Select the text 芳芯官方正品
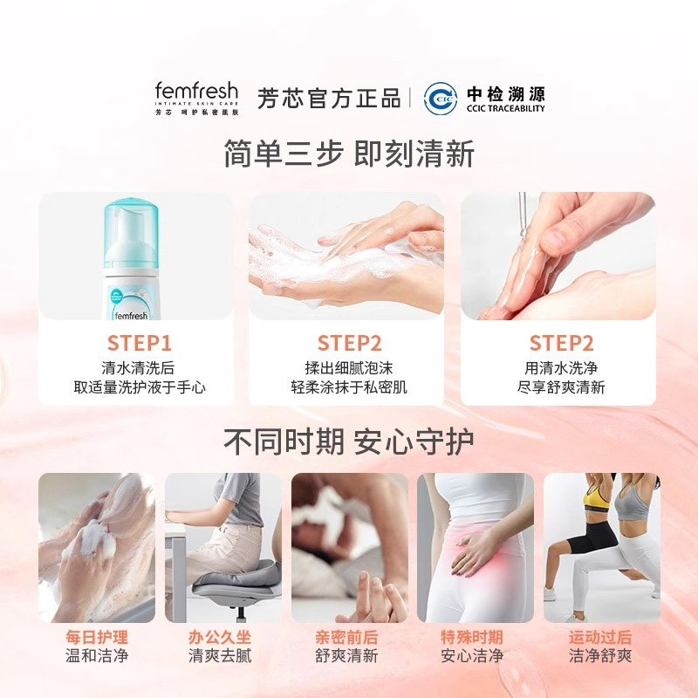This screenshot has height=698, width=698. pyautogui.click(x=329, y=98)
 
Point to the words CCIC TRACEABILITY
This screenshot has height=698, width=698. pyautogui.click(x=505, y=108)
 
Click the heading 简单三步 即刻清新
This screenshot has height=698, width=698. pyautogui.click(x=349, y=154)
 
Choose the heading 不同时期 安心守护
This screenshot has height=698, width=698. pyautogui.click(x=349, y=441)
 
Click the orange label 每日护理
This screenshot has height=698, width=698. pyautogui.click(x=97, y=637)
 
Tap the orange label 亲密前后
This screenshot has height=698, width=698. pyautogui.click(x=346, y=637)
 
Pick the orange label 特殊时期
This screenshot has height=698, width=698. pyautogui.click(x=472, y=637)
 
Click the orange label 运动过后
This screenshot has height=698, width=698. pyautogui.click(x=600, y=637)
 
